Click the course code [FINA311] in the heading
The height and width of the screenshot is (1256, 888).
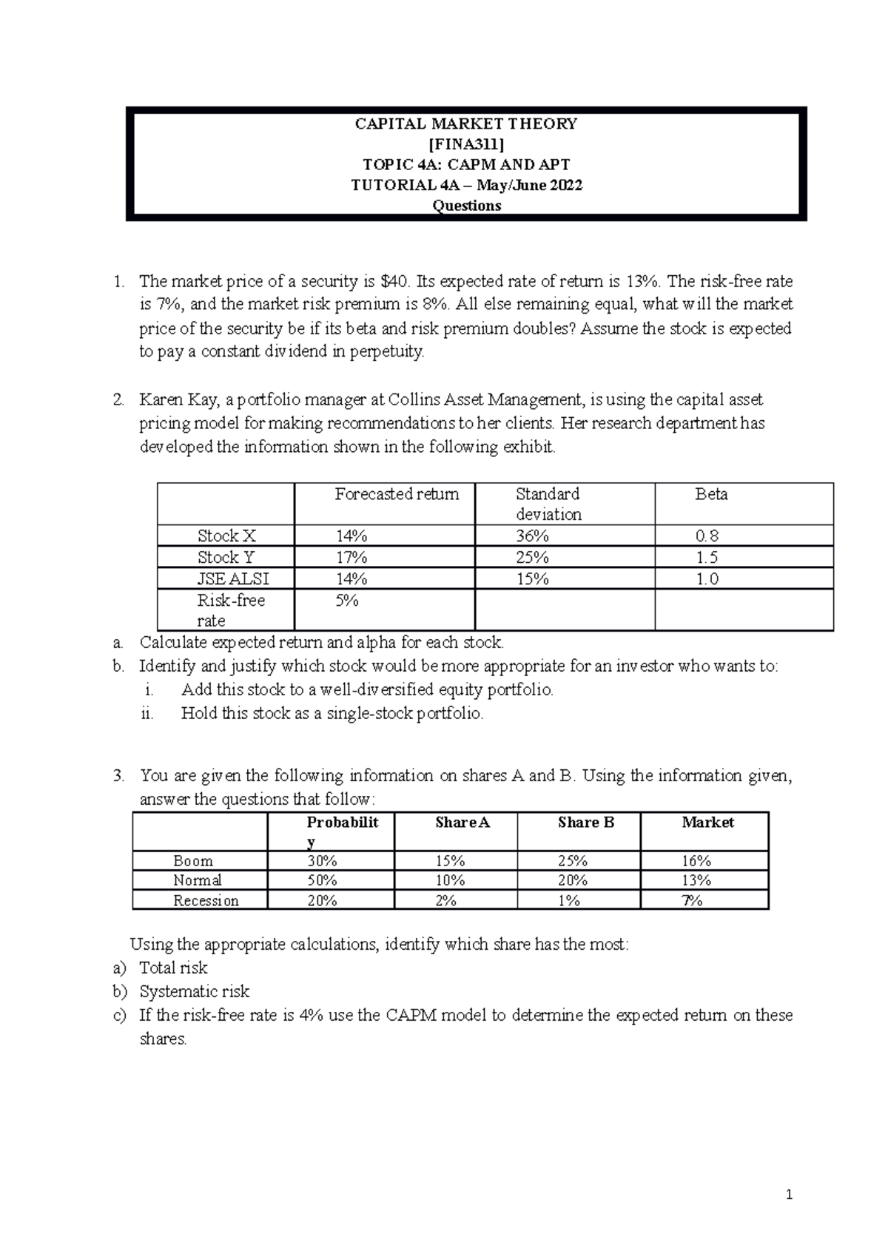point(466,144)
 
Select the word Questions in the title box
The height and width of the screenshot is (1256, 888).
point(466,206)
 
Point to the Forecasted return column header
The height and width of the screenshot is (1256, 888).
point(397,494)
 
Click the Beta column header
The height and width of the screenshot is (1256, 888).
point(711,494)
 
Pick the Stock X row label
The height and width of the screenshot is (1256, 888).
point(226,536)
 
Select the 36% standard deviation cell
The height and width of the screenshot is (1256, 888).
point(532,536)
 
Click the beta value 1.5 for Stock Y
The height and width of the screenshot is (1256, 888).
point(707,557)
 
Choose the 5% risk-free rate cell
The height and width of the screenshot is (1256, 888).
point(346,601)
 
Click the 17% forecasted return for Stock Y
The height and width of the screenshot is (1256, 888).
point(351,557)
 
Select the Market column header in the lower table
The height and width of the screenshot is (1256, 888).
point(707,823)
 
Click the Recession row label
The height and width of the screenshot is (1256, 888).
point(206,900)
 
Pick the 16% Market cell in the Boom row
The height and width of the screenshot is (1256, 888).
point(696,861)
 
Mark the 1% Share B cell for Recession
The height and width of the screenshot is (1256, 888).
point(569,900)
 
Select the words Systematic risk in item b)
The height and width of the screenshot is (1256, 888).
point(194,991)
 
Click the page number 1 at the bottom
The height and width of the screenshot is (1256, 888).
point(790,1195)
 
